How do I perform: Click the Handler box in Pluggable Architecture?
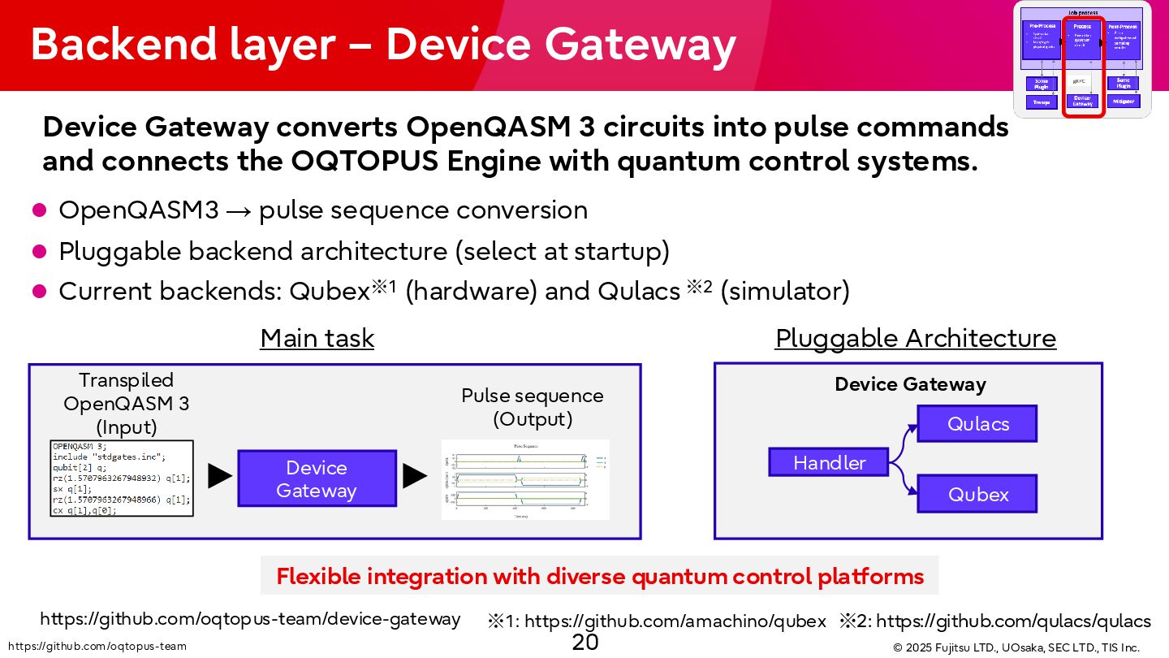[x=829, y=462]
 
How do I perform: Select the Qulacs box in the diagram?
[x=977, y=423]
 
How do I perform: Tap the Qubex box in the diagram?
[x=977, y=494]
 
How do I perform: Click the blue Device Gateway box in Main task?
[x=317, y=479]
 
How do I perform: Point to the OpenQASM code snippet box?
[x=122, y=479]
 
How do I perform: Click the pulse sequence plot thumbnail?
[x=525, y=479]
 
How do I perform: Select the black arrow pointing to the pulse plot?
[x=415, y=476]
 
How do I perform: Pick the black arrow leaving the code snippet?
[x=219, y=476]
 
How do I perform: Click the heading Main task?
[x=317, y=339]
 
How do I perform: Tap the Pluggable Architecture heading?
[x=916, y=339]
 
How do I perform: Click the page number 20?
[x=584, y=643]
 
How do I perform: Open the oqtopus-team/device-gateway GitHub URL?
[x=250, y=619]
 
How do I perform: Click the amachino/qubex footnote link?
[x=675, y=622]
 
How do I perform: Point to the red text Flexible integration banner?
[x=600, y=577]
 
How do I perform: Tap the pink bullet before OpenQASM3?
[x=39, y=210]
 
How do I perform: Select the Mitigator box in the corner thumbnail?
[x=1124, y=102]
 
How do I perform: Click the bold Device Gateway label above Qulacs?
[x=910, y=384]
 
